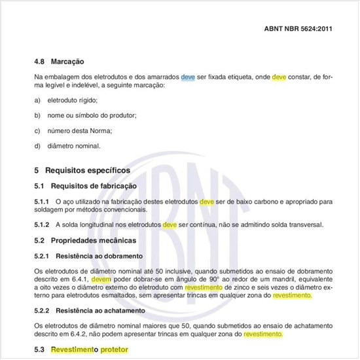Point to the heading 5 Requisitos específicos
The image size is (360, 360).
click(x=82, y=170)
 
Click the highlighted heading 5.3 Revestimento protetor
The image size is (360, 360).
click(x=81, y=350)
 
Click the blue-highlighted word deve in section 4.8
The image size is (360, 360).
click(x=189, y=77)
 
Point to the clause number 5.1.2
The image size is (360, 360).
click(x=42, y=225)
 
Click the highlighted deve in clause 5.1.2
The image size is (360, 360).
click(x=170, y=225)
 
